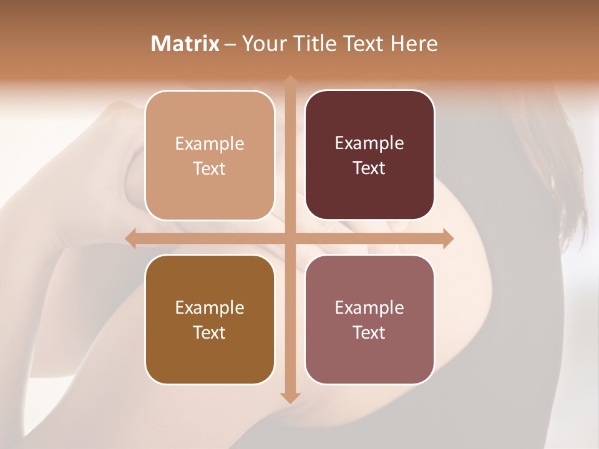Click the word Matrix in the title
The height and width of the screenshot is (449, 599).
tap(185, 43)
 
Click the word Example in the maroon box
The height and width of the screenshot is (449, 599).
tap(369, 143)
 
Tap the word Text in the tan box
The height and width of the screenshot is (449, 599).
tap(210, 169)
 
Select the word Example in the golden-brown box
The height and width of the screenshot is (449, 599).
tap(210, 307)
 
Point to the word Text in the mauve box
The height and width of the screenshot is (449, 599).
tap(369, 332)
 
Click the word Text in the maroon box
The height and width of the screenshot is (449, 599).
tap(369, 168)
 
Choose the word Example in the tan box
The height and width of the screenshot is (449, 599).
tap(210, 144)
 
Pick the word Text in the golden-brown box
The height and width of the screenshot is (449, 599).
tap(210, 332)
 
